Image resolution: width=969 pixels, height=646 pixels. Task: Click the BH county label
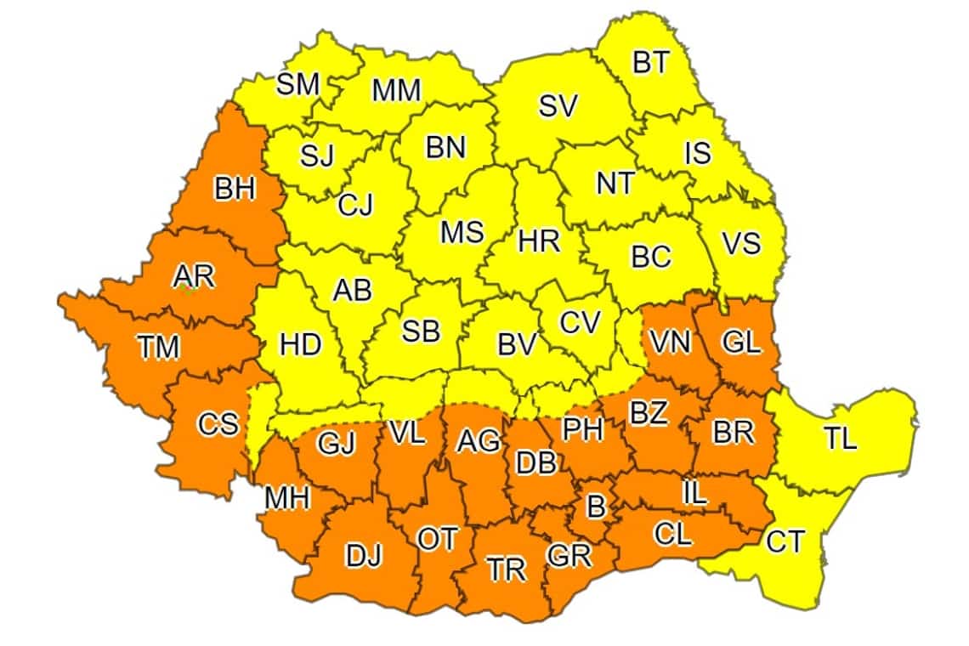pyautogui.click(x=234, y=189)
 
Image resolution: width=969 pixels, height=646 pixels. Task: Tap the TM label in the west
pyautogui.click(x=159, y=347)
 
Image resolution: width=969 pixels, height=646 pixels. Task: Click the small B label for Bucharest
pyautogui.click(x=597, y=507)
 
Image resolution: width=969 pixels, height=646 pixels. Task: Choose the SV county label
pyautogui.click(x=558, y=105)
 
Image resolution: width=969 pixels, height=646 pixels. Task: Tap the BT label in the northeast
pyautogui.click(x=651, y=64)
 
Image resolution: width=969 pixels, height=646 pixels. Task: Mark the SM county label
pyautogui.click(x=297, y=83)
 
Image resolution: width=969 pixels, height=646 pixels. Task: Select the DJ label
pyautogui.click(x=365, y=557)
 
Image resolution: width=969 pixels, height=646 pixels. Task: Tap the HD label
pyautogui.click(x=301, y=345)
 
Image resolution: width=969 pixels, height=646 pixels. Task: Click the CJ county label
pyautogui.click(x=355, y=206)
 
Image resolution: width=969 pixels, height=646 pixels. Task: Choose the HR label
pyautogui.click(x=539, y=241)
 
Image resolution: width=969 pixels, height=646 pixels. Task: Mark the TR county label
pyautogui.click(x=507, y=569)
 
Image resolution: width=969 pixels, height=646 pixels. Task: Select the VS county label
pyautogui.click(x=741, y=242)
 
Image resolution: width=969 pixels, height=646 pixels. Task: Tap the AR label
pyautogui.click(x=194, y=276)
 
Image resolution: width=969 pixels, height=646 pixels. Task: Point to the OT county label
pyautogui.click(x=438, y=539)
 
